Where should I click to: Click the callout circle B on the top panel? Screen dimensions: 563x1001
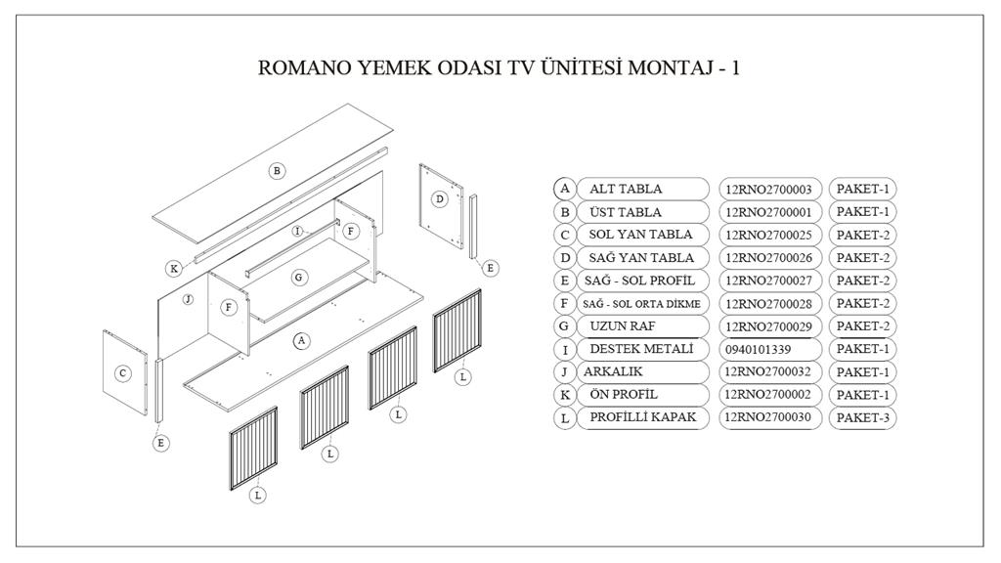pyautogui.click(x=277, y=170)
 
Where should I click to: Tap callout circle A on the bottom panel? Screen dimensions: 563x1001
pyautogui.click(x=302, y=341)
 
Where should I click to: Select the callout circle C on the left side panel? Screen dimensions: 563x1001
pyautogui.click(x=122, y=372)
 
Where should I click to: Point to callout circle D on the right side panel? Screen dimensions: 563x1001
pyautogui.click(x=440, y=199)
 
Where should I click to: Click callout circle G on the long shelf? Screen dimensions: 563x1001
pyautogui.click(x=299, y=278)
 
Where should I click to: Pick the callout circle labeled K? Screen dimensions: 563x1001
pyautogui.click(x=174, y=268)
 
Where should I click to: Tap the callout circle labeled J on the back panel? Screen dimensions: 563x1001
pyautogui.click(x=187, y=298)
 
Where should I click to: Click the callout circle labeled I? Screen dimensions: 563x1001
pyautogui.click(x=298, y=231)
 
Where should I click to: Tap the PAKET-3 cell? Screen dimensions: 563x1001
pyautogui.click(x=862, y=418)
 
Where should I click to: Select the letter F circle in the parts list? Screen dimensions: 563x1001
pyautogui.click(x=564, y=303)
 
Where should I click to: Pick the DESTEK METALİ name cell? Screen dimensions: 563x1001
pyautogui.click(x=643, y=349)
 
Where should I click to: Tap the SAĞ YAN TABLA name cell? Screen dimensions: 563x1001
pyautogui.click(x=643, y=258)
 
